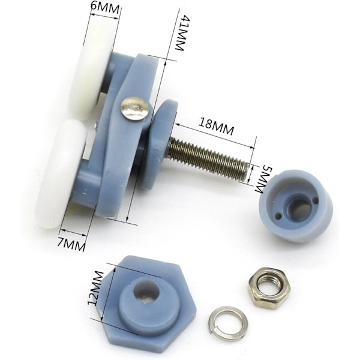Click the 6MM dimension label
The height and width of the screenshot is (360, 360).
pyautogui.click(x=104, y=8)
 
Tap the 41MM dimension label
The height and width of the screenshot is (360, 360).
pyautogui.click(x=179, y=33)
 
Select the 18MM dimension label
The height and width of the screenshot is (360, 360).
pyautogui.click(x=216, y=126)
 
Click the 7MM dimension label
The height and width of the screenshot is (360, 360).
pyautogui.click(x=71, y=245)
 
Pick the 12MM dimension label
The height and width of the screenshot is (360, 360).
pyautogui.click(x=95, y=289)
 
